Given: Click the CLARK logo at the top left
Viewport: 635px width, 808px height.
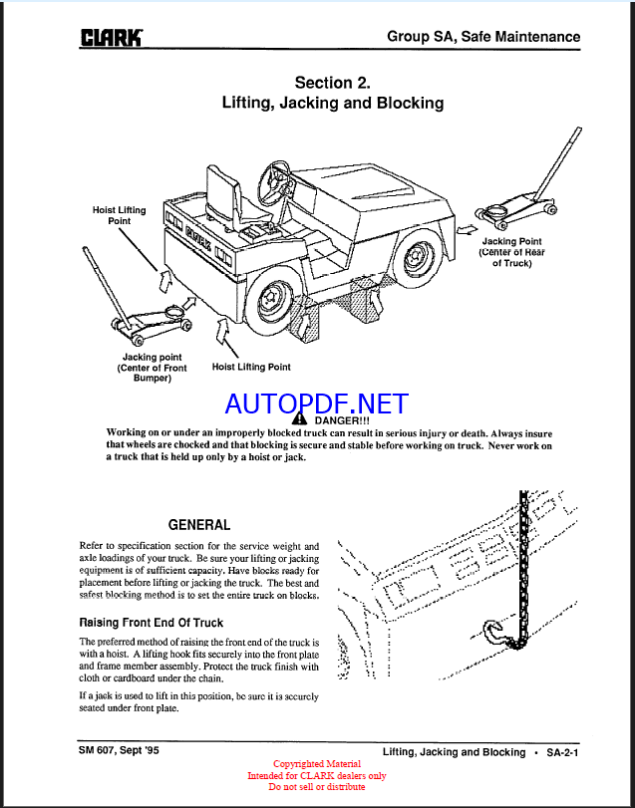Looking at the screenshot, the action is tap(111, 38).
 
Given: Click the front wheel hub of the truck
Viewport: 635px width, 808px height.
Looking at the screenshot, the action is tap(269, 298).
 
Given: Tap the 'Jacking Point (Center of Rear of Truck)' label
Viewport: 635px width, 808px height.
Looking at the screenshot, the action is tap(511, 252).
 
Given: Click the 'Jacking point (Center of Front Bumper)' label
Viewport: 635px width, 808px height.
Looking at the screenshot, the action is tap(153, 368).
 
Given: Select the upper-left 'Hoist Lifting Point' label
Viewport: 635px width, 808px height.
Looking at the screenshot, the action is tap(119, 215).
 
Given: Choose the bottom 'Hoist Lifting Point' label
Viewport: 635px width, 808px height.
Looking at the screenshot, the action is tap(251, 367).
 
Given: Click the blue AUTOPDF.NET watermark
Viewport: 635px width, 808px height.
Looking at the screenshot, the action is tap(317, 404).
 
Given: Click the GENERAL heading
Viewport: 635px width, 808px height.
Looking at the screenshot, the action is tap(199, 525).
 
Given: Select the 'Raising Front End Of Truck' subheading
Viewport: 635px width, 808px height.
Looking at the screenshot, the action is tap(151, 623).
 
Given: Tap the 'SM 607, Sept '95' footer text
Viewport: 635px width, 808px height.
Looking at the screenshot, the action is tap(119, 751).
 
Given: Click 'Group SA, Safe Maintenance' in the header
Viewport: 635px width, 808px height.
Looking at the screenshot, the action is tap(483, 37).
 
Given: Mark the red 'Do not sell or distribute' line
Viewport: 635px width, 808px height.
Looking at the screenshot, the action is tap(317, 787).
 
